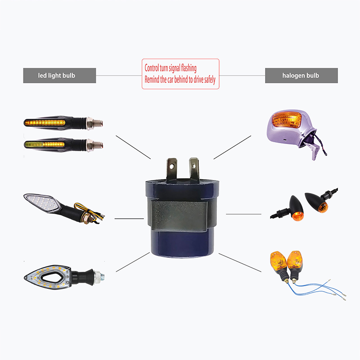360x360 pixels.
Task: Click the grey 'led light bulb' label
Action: pos(59,75)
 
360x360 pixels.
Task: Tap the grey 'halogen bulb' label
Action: pos(301,75)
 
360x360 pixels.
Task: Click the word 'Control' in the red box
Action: pos(152,68)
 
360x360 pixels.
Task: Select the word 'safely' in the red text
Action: pos(209,80)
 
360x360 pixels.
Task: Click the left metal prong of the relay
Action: pos(172,169)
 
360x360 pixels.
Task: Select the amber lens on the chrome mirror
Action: pos(286,120)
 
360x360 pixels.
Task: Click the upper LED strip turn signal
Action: pos(63,123)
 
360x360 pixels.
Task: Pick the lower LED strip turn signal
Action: pos(63,144)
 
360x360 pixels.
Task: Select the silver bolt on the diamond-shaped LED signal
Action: pos(99,276)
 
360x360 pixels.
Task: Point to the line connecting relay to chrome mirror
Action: pos(232,147)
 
